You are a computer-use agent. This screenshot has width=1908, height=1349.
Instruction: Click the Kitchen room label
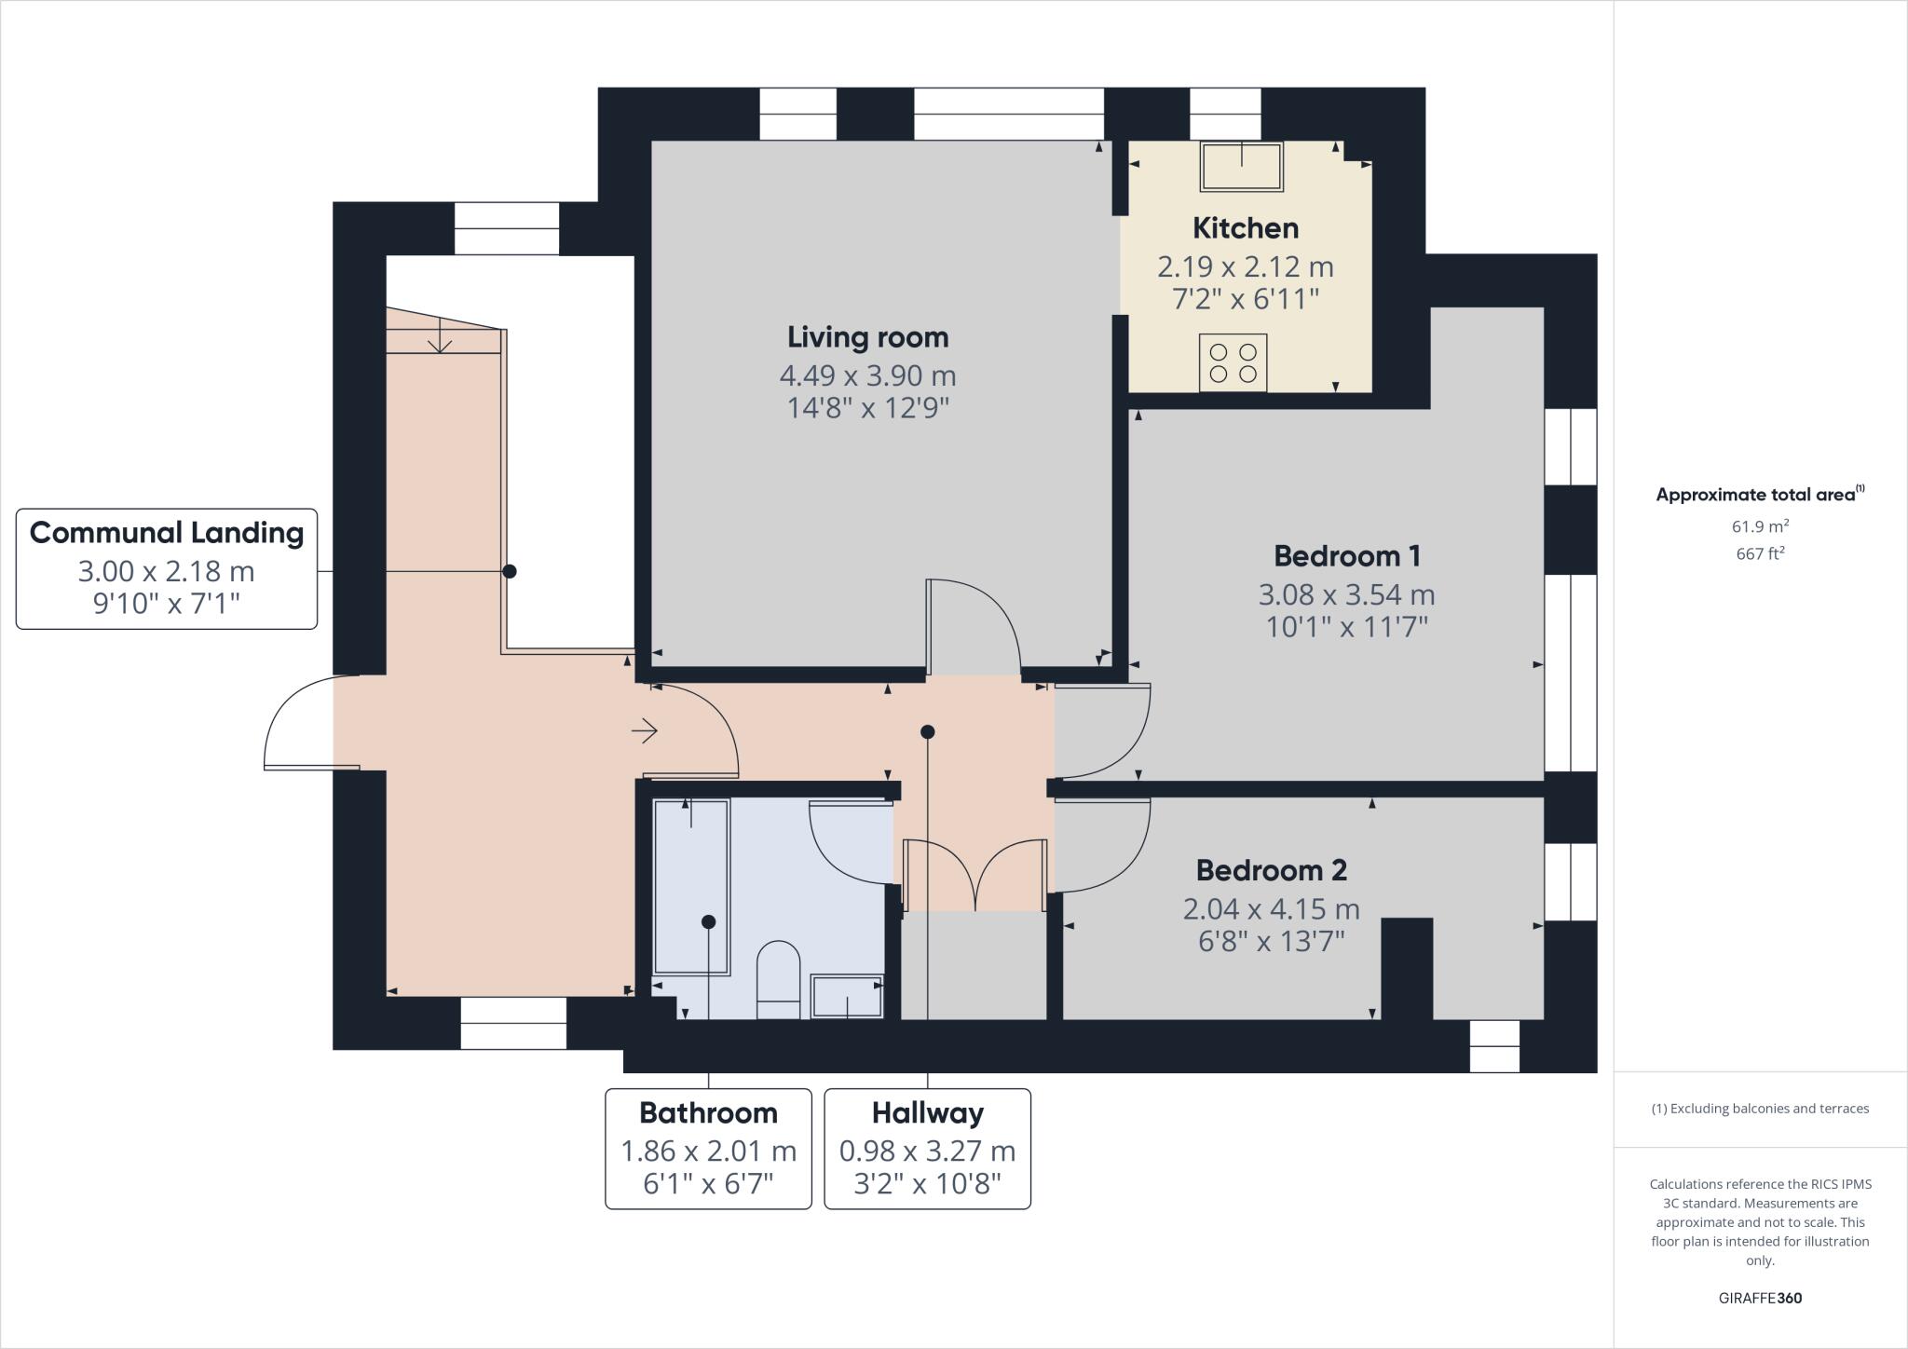pyautogui.click(x=1245, y=228)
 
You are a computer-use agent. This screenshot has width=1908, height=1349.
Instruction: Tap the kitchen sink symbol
pyautogui.click(x=1241, y=167)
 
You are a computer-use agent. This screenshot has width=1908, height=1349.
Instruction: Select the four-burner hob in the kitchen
pyautogui.click(x=1233, y=362)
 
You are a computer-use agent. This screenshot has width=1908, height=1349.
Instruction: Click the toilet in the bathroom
pyautogui.click(x=778, y=980)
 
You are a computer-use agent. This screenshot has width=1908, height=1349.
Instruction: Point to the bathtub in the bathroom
pyautogui.click(x=691, y=886)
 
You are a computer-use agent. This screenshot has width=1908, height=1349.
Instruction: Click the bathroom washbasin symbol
pyautogui.click(x=846, y=996)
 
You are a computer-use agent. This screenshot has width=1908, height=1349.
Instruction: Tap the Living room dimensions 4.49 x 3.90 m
pyautogui.click(x=867, y=376)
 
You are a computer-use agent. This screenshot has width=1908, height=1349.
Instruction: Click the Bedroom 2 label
pyautogui.click(x=1271, y=870)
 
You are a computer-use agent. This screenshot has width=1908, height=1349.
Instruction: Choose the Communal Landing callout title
pyautogui.click(x=167, y=533)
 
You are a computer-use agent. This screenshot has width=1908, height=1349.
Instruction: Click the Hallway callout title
pyautogui.click(x=927, y=1112)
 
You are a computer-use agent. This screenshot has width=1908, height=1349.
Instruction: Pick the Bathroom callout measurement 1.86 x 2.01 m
pyautogui.click(x=708, y=1151)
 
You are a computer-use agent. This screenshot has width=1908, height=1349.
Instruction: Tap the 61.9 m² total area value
pyautogui.click(x=1760, y=526)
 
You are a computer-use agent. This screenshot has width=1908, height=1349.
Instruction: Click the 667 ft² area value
pyautogui.click(x=1760, y=553)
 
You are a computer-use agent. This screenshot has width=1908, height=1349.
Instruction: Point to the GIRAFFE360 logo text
pyautogui.click(x=1760, y=1298)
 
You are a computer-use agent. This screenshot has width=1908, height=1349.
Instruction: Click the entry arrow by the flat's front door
pyautogui.click(x=645, y=731)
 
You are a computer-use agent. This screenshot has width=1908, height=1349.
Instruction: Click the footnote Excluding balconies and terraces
pyautogui.click(x=1760, y=1109)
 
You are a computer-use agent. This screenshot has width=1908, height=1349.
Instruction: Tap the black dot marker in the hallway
pyautogui.click(x=927, y=732)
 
